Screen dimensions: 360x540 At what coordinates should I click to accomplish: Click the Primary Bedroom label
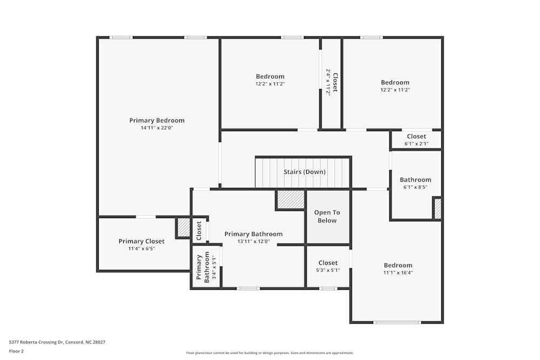click(x=157, y=120)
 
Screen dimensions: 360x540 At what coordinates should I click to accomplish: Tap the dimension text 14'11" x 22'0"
click(x=157, y=128)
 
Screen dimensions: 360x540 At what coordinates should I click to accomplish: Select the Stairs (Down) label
click(x=305, y=172)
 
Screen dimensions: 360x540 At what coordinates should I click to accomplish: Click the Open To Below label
click(x=327, y=216)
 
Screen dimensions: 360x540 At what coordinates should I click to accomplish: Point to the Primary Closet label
click(x=141, y=241)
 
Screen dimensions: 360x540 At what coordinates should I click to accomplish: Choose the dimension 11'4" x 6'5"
click(x=141, y=249)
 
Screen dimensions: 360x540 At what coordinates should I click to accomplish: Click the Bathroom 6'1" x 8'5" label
click(x=415, y=180)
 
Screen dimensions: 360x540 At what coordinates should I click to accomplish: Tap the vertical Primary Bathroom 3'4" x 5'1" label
click(x=203, y=268)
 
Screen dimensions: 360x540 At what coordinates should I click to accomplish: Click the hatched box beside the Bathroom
click(x=437, y=208)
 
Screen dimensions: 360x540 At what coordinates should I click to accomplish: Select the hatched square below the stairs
click(x=291, y=199)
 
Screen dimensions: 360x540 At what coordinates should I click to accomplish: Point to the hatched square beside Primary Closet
click(x=184, y=227)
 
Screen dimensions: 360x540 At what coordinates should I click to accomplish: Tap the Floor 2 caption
click(x=16, y=351)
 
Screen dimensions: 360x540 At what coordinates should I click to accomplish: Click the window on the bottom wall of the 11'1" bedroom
click(x=397, y=322)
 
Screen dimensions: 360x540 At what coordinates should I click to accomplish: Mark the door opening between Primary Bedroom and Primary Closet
click(x=146, y=217)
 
